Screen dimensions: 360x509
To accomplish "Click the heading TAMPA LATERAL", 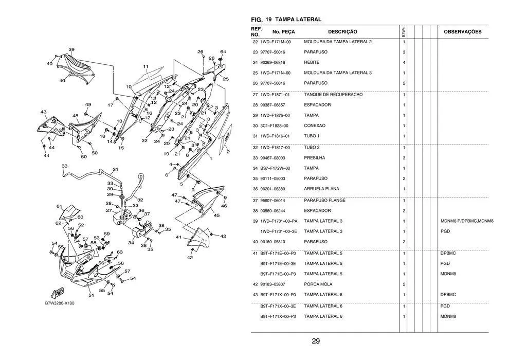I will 298,20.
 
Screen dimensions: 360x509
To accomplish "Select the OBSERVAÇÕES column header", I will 462,32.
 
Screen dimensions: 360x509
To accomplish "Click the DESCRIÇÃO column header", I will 342,32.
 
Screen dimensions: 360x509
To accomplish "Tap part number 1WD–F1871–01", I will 275,95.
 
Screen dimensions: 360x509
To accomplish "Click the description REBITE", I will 312,63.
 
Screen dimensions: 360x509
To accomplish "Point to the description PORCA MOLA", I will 318,284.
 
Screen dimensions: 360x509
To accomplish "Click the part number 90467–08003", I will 272,158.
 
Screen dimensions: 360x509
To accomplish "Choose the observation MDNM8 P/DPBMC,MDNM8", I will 467,221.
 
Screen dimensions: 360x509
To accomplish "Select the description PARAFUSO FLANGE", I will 324,200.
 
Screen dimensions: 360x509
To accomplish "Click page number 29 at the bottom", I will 316,341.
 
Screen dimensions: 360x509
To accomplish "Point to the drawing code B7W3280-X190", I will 60,303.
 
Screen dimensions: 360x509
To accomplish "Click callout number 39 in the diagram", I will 71,50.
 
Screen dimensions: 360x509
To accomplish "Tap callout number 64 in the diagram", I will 223,52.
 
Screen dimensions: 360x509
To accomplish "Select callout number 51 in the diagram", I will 91,296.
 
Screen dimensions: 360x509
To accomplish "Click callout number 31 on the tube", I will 116,169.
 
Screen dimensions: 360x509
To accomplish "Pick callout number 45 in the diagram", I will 216,215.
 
